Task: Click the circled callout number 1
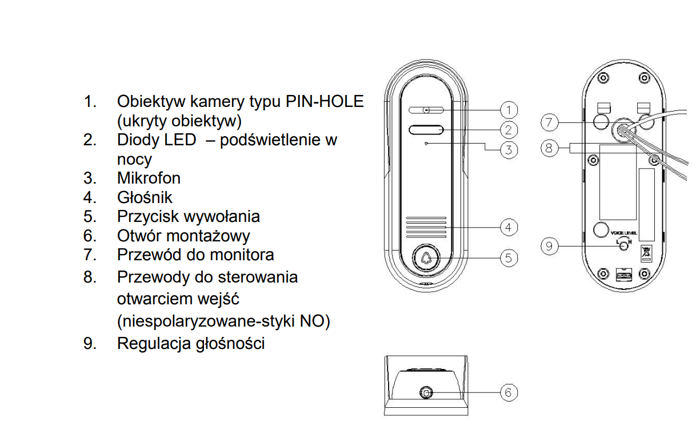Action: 509,110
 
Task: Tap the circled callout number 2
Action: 509,130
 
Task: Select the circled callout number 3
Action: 509,150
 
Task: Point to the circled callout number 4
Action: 509,228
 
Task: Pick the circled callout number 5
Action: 509,258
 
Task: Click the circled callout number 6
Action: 509,392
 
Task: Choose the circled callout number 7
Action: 549,122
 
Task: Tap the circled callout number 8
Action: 549,148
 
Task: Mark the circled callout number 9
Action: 549,246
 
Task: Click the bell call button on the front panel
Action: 426,258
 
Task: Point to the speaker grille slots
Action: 426,228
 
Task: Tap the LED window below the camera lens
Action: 426,130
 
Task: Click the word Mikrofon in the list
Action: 149,178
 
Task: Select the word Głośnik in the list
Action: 145,197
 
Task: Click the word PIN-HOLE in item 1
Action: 325,101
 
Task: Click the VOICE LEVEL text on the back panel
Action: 624,233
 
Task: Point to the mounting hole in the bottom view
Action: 426,392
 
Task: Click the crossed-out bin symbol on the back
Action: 646,253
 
